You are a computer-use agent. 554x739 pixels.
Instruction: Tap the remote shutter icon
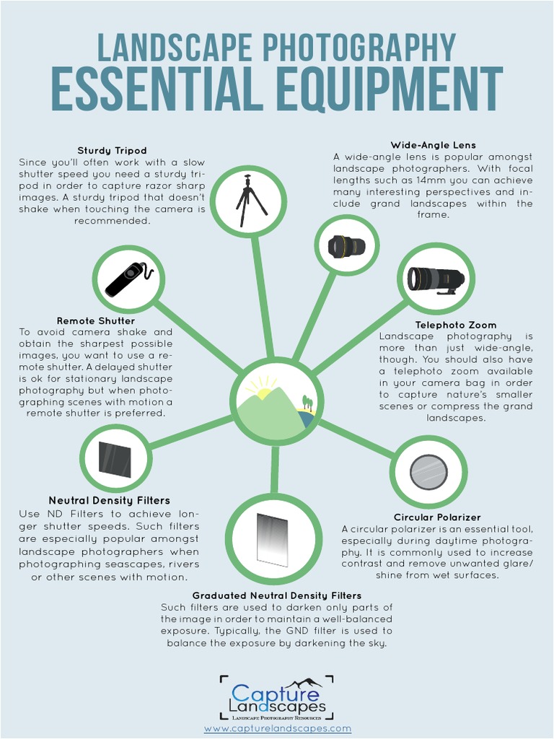[x=128, y=279]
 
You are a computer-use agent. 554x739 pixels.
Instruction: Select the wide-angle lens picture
[x=347, y=246]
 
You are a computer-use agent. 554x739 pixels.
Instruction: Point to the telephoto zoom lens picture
[x=435, y=279]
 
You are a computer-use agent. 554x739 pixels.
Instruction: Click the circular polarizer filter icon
[x=428, y=472]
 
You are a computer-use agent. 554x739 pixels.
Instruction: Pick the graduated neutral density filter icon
[x=273, y=539]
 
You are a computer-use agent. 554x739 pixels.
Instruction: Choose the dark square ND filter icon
[x=115, y=459]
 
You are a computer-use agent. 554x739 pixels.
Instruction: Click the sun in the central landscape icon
[x=263, y=393]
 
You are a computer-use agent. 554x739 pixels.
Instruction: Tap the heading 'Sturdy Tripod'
[x=112, y=151]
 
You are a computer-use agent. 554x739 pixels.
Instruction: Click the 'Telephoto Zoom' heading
[x=455, y=325]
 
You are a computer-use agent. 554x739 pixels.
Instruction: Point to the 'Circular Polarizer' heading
[x=437, y=517]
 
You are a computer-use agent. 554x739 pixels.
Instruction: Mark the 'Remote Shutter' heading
[x=96, y=320]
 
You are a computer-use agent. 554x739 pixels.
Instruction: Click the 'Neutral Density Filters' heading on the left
[x=110, y=500]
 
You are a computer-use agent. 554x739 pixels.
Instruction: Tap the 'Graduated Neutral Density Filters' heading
[x=277, y=595]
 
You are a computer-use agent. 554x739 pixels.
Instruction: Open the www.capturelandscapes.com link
[x=277, y=729]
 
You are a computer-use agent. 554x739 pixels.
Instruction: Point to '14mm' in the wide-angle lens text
[x=432, y=180]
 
